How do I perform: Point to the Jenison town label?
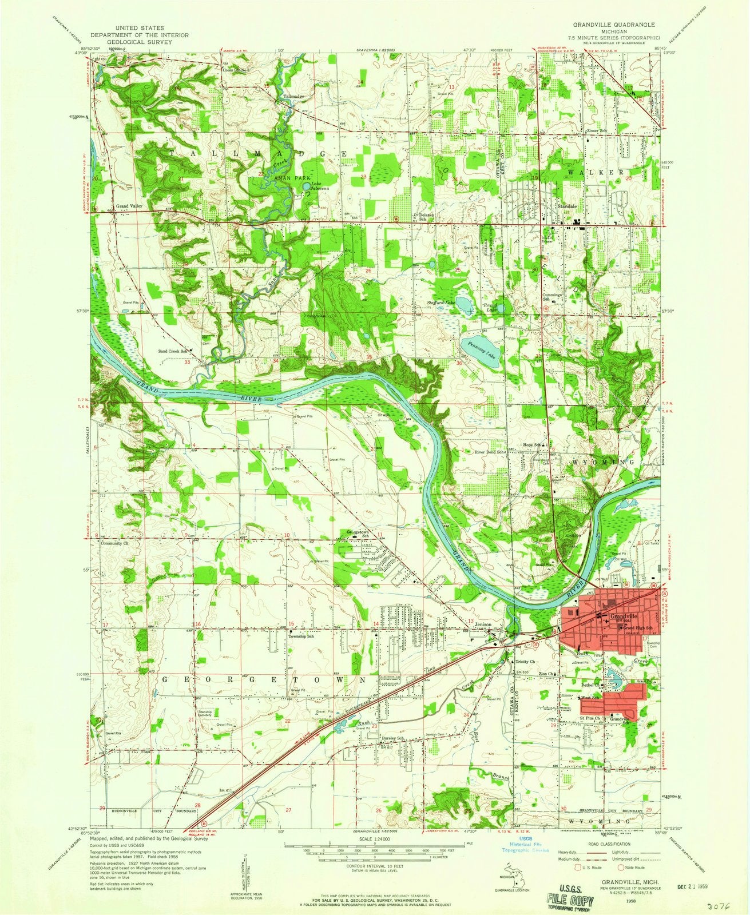coord(483,625)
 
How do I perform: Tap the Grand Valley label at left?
coord(128,206)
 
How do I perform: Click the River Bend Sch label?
coord(489,452)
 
